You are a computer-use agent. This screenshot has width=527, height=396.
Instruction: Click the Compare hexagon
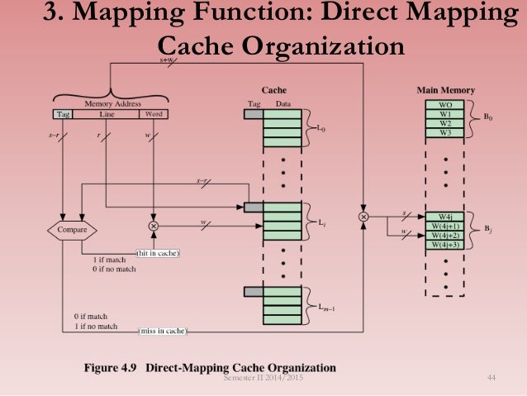point(73,229)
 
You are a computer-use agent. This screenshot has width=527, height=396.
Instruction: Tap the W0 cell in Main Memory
point(445,105)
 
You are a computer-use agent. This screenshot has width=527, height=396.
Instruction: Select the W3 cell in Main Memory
point(445,132)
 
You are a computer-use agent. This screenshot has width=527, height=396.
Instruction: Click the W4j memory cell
point(445,217)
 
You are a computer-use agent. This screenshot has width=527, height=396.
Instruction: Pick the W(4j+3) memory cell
point(445,244)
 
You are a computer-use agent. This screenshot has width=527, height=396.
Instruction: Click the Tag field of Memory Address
point(64,114)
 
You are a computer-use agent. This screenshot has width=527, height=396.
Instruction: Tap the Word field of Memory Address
point(153,114)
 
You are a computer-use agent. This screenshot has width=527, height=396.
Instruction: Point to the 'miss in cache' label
point(163,332)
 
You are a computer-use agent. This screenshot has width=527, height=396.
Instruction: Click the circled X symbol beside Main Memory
point(363,217)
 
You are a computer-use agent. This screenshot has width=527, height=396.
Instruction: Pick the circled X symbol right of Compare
point(153,225)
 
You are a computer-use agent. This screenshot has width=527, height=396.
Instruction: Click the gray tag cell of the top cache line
point(254,114)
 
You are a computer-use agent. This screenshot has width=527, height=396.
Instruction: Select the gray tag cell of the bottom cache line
point(254,291)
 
